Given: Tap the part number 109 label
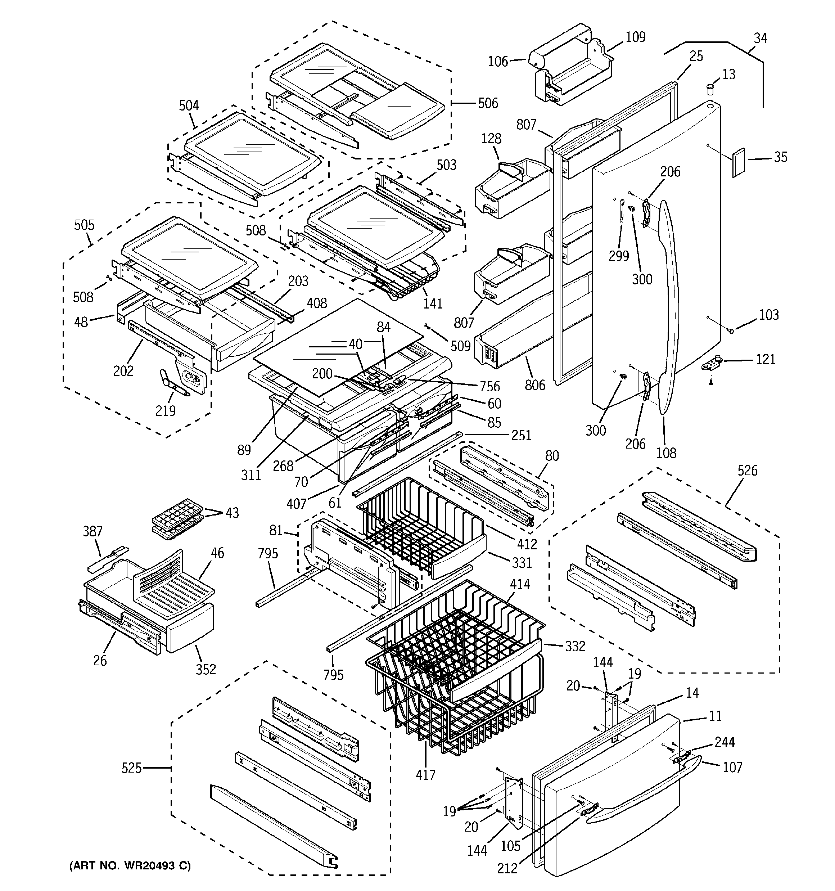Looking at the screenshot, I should pyautogui.click(x=635, y=37).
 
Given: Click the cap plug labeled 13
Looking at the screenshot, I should pyautogui.click(x=709, y=88).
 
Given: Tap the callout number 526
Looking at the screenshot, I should pyautogui.click(x=747, y=470).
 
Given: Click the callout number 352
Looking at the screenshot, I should pyautogui.click(x=206, y=669).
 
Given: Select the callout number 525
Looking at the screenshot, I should pyautogui.click(x=131, y=768).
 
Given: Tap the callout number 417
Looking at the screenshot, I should pyautogui.click(x=425, y=774).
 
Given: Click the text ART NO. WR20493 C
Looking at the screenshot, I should pyautogui.click(x=130, y=865).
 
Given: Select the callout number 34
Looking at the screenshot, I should pyautogui.click(x=760, y=38).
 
